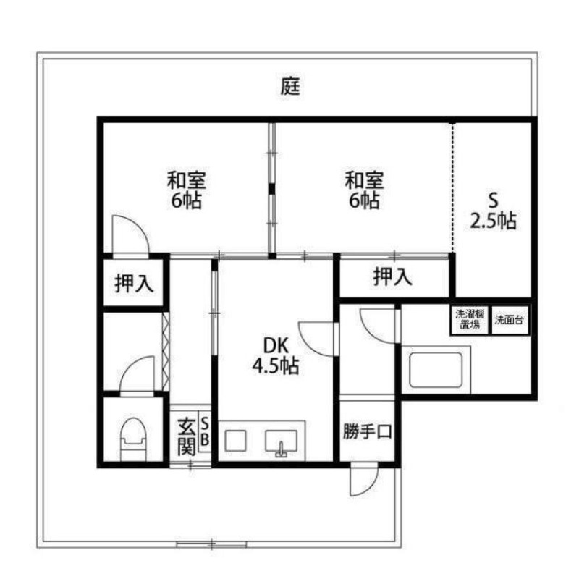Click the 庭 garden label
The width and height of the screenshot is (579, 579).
[289, 87]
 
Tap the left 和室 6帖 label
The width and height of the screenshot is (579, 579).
[186, 190]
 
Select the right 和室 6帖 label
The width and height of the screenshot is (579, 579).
[363, 190]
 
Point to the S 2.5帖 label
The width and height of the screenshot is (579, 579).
[494, 211]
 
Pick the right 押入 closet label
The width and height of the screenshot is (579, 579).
[393, 276]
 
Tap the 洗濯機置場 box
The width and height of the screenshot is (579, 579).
[467, 320]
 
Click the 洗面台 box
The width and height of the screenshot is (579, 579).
[511, 320]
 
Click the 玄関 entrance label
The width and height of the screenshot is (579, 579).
[187, 434]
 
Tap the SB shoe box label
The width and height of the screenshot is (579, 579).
[204, 431]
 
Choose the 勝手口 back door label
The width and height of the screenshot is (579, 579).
[367, 432]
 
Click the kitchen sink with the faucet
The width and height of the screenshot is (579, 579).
[282, 441]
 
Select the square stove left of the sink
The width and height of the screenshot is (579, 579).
[236, 441]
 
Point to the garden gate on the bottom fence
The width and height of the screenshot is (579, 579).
[211, 543]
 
